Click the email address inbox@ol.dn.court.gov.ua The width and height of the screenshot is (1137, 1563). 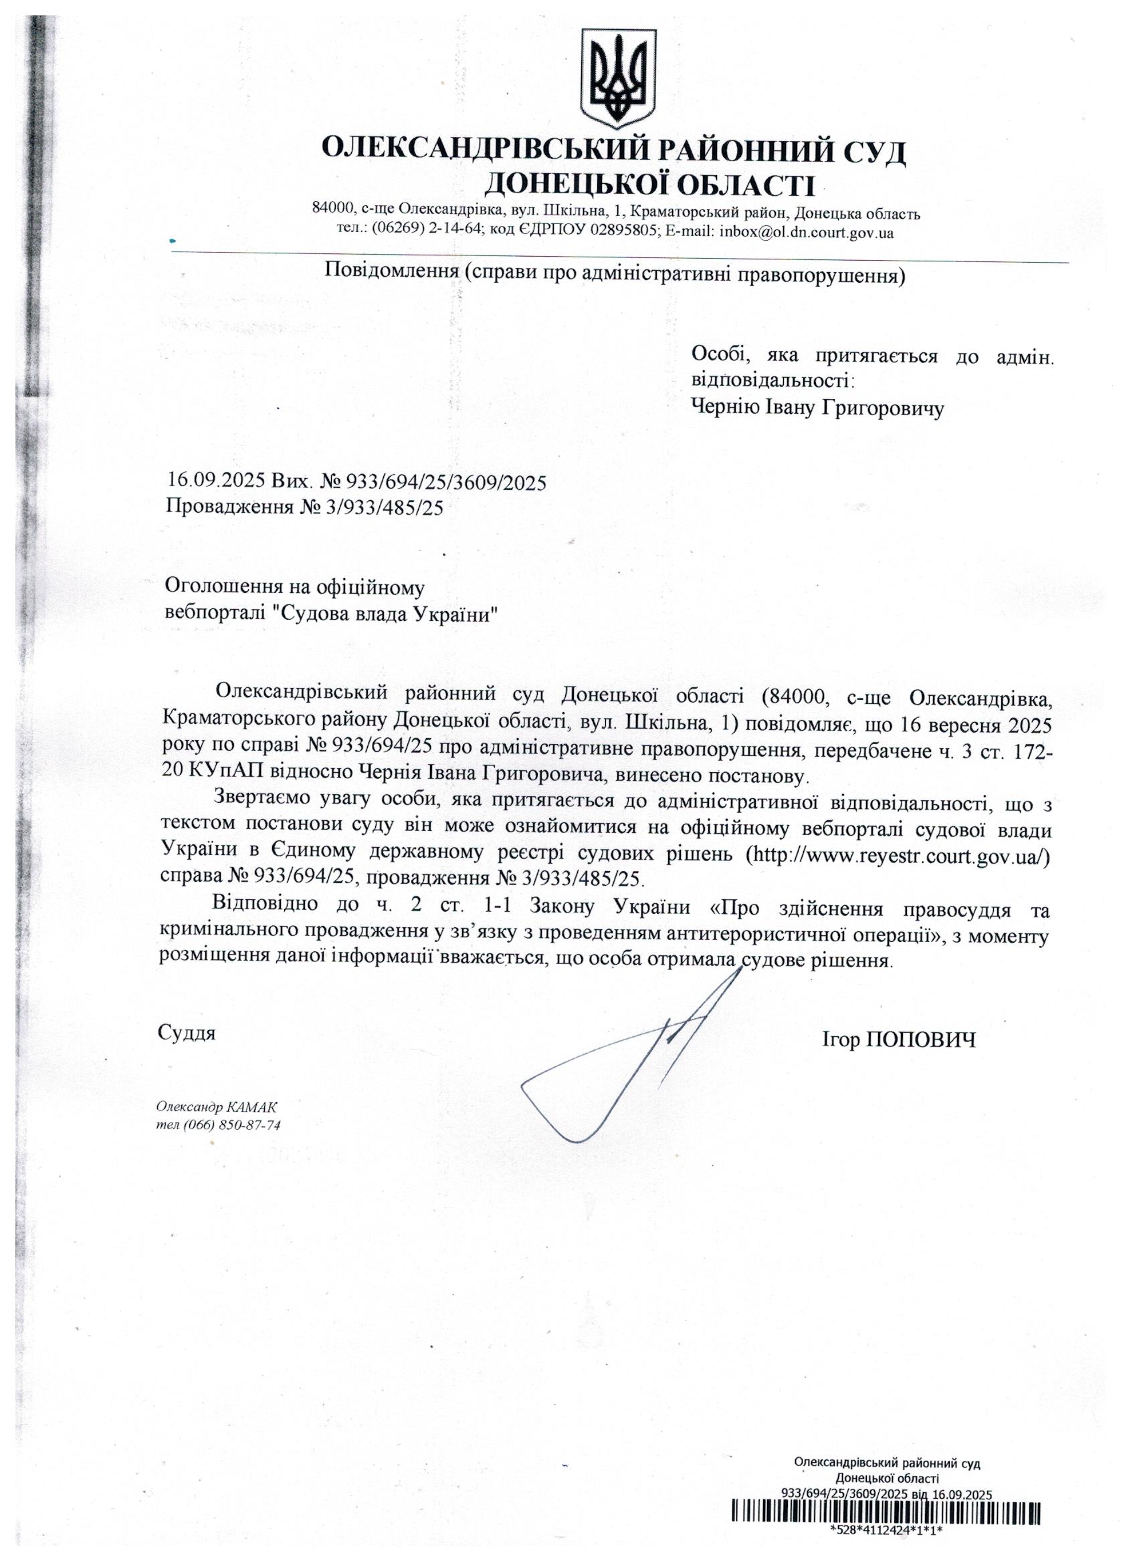806,232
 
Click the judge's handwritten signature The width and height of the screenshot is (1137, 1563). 627,1062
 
